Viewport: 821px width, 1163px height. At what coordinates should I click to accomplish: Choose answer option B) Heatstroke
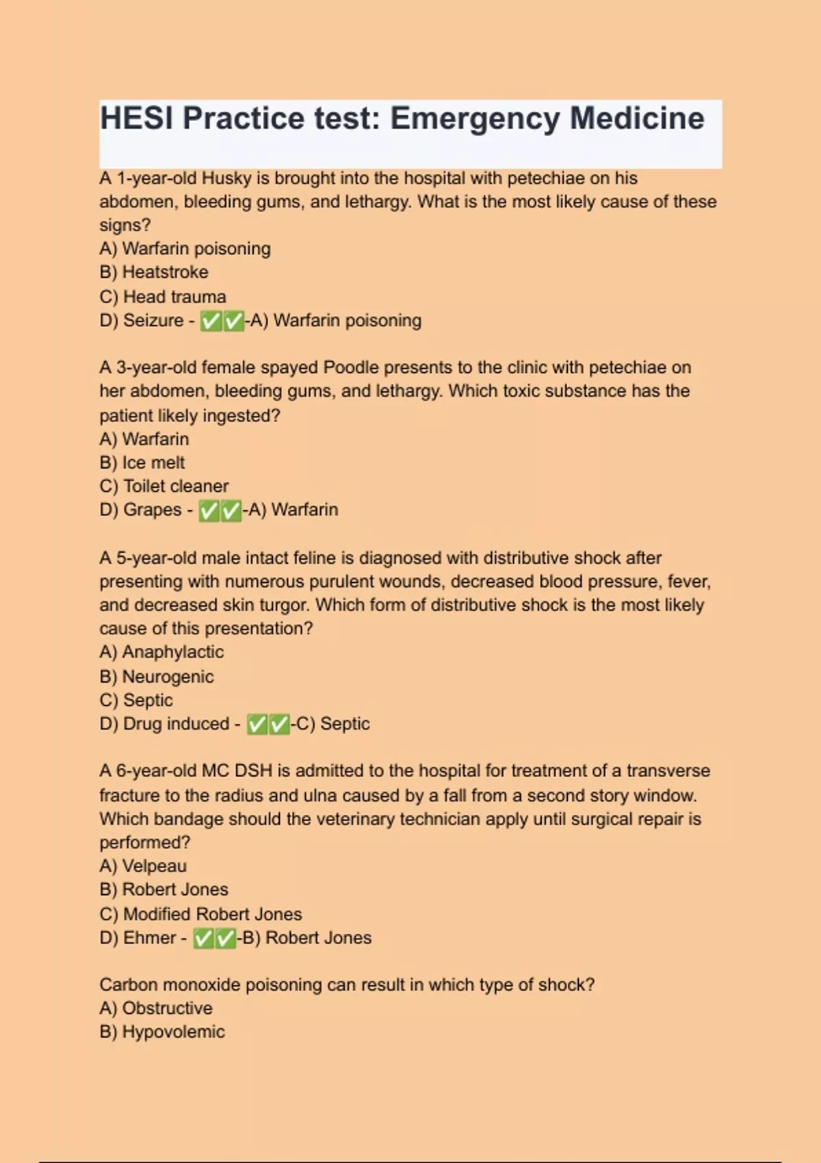[x=154, y=272]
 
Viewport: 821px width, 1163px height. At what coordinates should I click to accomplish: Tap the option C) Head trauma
[x=163, y=297]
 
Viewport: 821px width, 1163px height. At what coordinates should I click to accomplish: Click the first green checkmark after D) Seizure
[x=211, y=322]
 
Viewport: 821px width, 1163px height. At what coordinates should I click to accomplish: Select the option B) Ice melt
[x=142, y=463]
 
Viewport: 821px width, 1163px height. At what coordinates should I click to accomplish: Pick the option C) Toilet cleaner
[x=164, y=486]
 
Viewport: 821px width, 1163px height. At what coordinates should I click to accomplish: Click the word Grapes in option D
[x=152, y=510]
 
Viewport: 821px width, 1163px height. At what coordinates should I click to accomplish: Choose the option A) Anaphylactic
[x=161, y=653]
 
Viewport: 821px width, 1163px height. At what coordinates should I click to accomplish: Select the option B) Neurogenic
[x=157, y=677]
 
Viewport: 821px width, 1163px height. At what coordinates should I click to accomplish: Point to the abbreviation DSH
[x=253, y=771]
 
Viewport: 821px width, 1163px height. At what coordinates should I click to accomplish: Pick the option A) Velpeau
[x=143, y=866]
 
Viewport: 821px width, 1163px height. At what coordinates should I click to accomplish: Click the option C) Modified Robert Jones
[x=200, y=914]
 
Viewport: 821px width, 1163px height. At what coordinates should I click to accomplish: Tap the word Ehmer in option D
[x=149, y=938]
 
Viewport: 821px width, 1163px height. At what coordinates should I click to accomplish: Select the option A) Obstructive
[x=156, y=1008]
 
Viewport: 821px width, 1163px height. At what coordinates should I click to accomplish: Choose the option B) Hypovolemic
[x=162, y=1032]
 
